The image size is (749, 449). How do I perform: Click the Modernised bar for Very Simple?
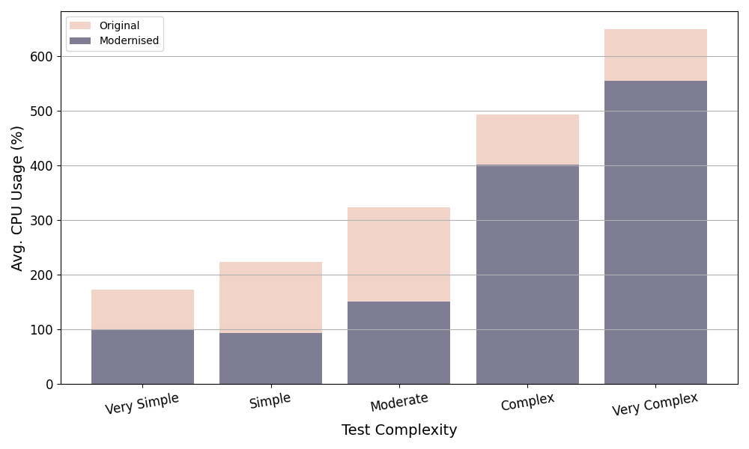click(142, 356)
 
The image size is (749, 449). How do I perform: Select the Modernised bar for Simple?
click(270, 358)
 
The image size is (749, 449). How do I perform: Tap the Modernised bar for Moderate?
click(398, 343)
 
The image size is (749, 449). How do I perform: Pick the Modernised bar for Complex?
click(527, 275)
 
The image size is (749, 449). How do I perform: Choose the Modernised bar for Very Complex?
click(655, 232)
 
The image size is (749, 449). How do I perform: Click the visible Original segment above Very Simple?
click(142, 309)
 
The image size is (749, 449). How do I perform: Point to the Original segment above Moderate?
click(398, 254)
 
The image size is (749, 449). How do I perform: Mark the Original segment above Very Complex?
click(655, 55)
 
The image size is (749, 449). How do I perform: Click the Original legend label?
click(119, 25)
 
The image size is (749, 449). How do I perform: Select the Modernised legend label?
click(129, 40)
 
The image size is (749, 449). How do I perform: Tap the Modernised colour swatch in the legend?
click(80, 40)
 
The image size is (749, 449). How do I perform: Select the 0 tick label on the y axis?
click(49, 385)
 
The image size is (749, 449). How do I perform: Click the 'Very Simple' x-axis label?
click(142, 403)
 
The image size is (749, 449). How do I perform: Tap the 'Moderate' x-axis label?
click(399, 402)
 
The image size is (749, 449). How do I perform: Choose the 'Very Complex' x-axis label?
click(655, 404)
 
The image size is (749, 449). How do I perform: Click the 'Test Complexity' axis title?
click(399, 430)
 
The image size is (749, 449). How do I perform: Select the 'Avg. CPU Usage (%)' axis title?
click(18, 198)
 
